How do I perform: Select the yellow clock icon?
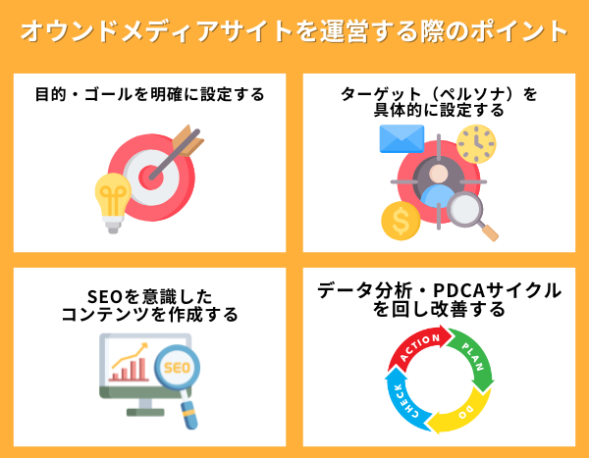pos(476,143)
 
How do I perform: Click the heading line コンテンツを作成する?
pos(149,315)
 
